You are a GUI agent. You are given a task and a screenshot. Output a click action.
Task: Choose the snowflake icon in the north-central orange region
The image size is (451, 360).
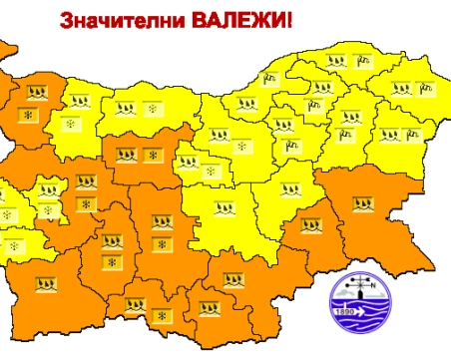[151, 155]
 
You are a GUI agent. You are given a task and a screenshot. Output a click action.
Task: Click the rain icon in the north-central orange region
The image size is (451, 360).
[127, 155]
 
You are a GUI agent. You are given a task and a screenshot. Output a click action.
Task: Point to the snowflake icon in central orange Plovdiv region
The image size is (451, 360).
[160, 243]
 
